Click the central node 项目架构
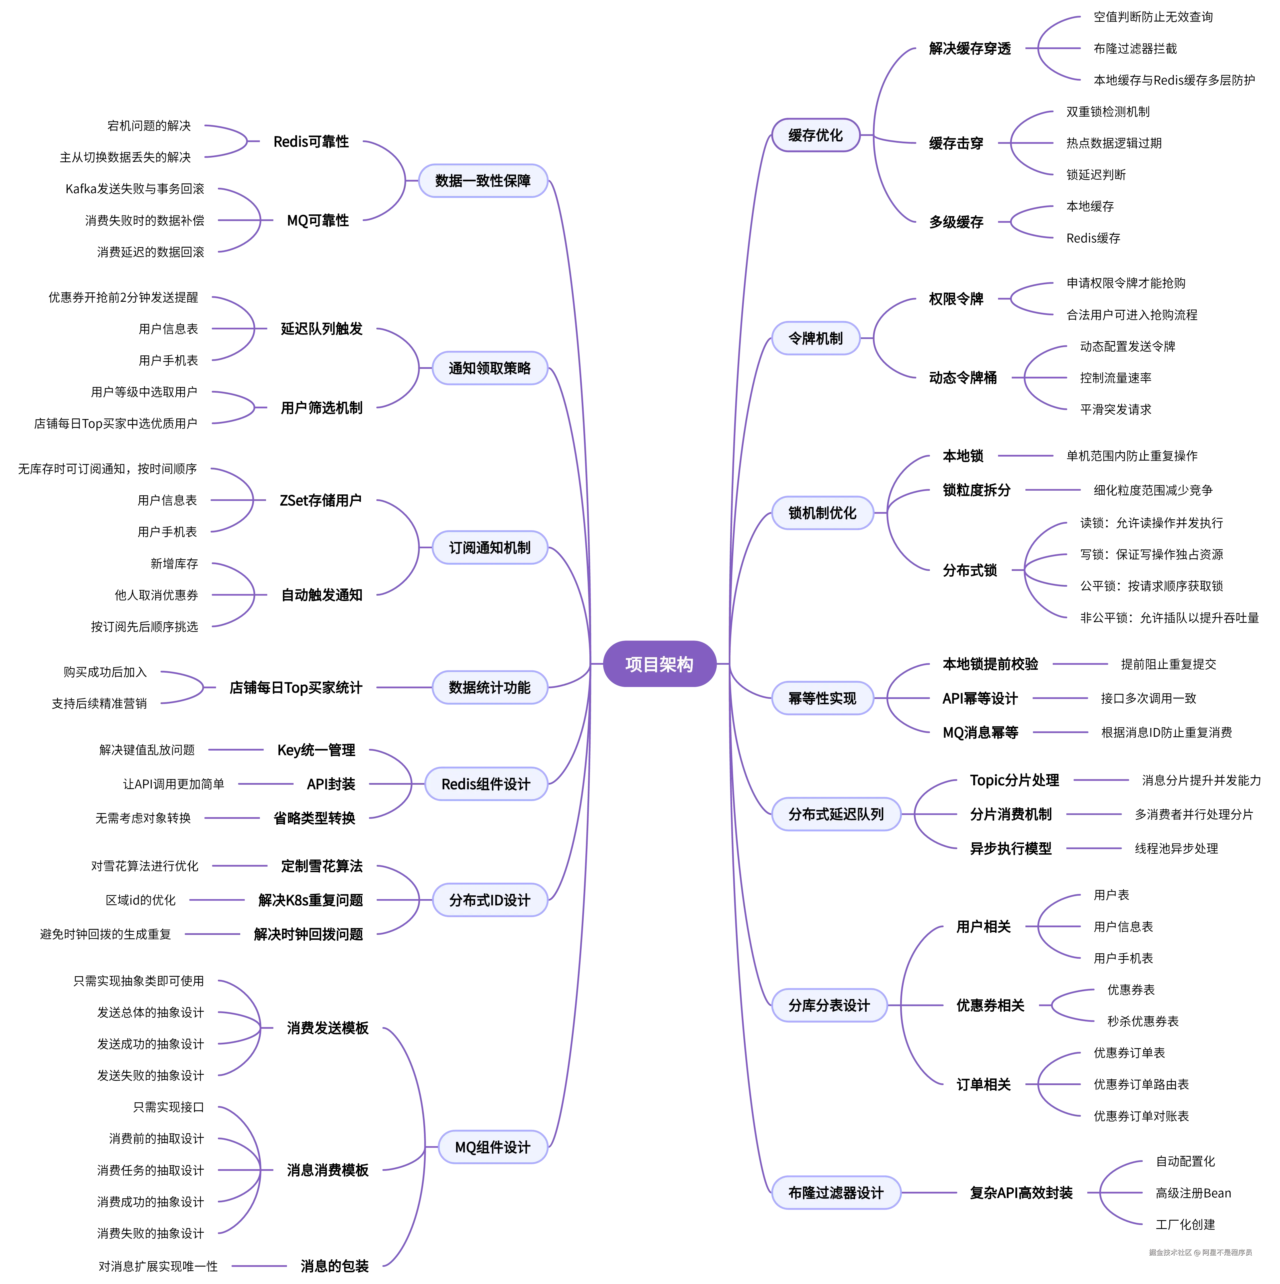(x=659, y=664)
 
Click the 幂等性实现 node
(x=822, y=698)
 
